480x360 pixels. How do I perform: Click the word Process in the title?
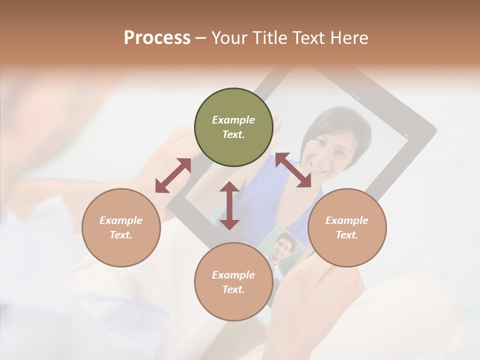pyautogui.click(x=157, y=38)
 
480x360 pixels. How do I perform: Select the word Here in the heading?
pyautogui.click(x=349, y=38)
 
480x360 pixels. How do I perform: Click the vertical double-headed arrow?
pyautogui.click(x=229, y=205)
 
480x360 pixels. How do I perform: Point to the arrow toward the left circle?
pyautogui.click(x=173, y=175)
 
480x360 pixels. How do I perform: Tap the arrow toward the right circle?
pyautogui.click(x=293, y=170)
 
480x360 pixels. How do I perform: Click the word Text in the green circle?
pyautogui.click(x=233, y=134)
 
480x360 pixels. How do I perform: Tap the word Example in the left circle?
pyautogui.click(x=121, y=220)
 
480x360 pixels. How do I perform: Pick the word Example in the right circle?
pyautogui.click(x=347, y=220)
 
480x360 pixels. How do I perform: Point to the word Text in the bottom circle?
pyautogui.click(x=233, y=289)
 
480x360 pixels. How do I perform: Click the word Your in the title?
pyautogui.click(x=227, y=38)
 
